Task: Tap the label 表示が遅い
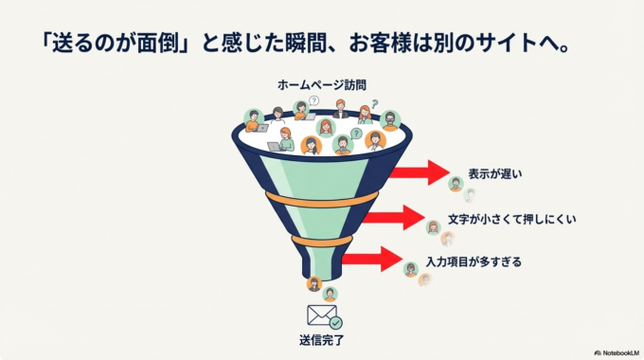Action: pos(494,174)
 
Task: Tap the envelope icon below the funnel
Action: pos(319,315)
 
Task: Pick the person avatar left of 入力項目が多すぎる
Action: pos(411,269)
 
